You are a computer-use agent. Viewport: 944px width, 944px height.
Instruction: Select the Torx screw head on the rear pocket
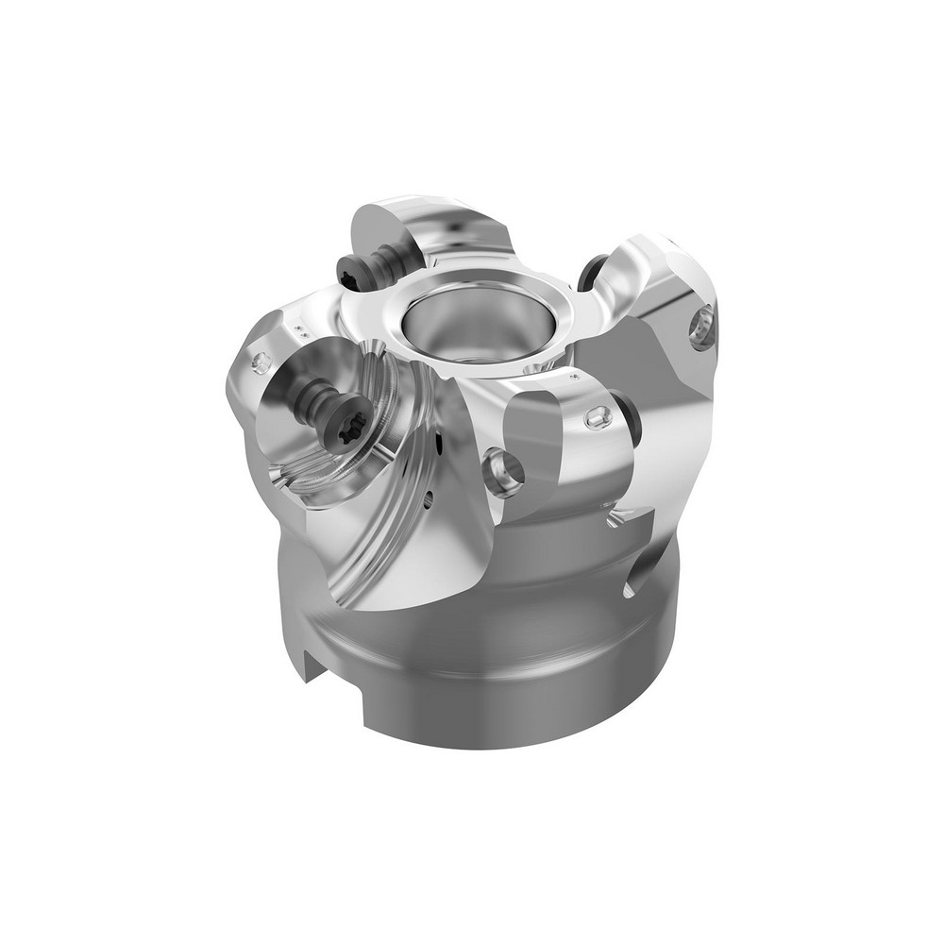349,272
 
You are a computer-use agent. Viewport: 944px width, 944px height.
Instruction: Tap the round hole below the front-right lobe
503,469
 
